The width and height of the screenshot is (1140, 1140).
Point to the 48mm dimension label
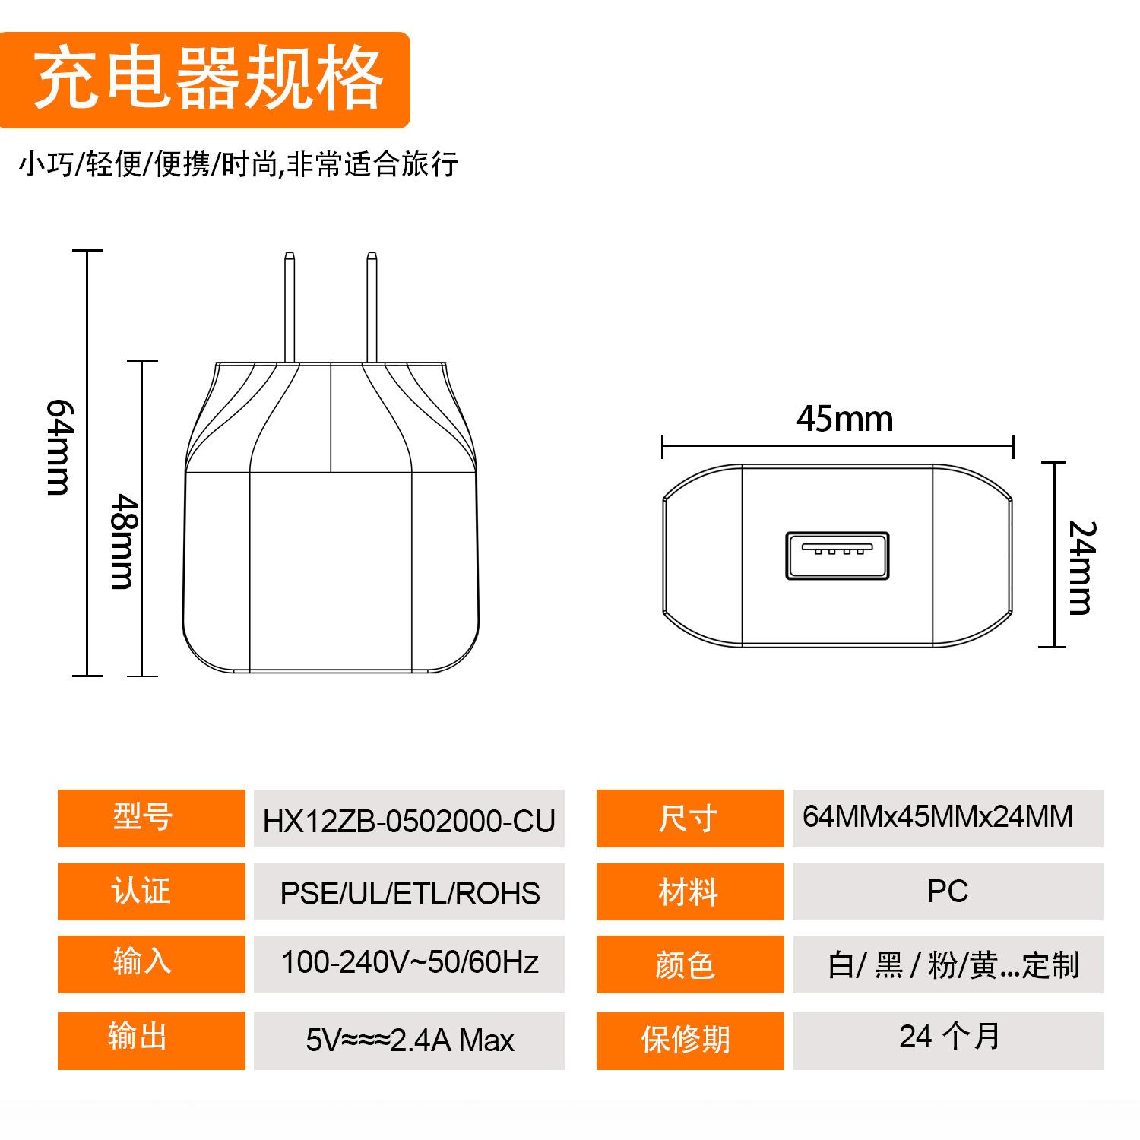pos(122,541)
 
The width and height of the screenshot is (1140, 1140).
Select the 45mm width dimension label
pos(844,419)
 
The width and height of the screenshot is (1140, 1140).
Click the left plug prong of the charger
pos(289,307)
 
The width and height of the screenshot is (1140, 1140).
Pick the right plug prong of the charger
pos(372,307)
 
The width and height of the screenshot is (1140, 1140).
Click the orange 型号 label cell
pos(151,819)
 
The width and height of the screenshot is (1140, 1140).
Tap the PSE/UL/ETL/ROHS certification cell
pos(409,891)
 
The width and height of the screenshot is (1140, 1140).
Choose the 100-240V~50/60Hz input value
pos(410,962)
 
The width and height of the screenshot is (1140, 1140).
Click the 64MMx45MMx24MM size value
pos(938,817)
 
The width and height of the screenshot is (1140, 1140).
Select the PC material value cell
pos(948,891)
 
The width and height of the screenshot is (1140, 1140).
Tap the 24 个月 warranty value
pos(949,1037)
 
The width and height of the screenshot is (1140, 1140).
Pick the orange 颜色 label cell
pos(690,964)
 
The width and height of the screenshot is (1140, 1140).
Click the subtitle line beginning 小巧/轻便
pos(239,164)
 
